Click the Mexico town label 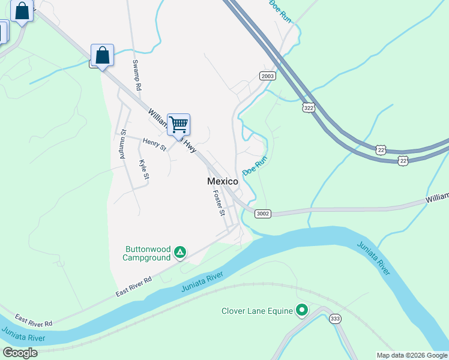point(222,181)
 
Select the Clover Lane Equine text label point(257,311)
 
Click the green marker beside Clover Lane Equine point(302,310)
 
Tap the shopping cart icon point(178,125)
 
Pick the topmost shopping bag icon point(22,11)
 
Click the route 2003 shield point(268,76)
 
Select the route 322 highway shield point(309,108)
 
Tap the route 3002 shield point(262,214)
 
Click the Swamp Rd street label point(137,75)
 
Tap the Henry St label point(154,144)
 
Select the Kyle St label point(143,169)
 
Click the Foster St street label point(218,203)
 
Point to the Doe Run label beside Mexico point(255,166)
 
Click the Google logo point(20,353)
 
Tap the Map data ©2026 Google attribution point(412,355)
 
